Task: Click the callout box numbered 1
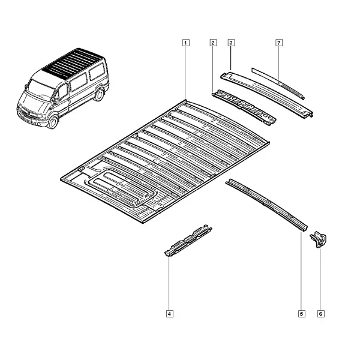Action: pyautogui.click(x=186, y=43)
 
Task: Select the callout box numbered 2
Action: pyautogui.click(x=213, y=43)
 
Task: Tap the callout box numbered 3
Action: pyautogui.click(x=231, y=43)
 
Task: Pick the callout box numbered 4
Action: pyautogui.click(x=170, y=314)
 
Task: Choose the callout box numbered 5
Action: pyautogui.click(x=301, y=314)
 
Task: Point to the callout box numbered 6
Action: pyautogui.click(x=321, y=314)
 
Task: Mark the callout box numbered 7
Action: pyautogui.click(x=279, y=43)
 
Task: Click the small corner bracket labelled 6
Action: pyautogui.click(x=319, y=239)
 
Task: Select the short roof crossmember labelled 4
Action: pyautogui.click(x=188, y=240)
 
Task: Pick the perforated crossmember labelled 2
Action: pyautogui.click(x=244, y=107)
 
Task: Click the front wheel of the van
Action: pyautogui.click(x=53, y=122)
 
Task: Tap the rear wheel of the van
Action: pyautogui.click(x=99, y=94)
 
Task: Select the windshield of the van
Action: pyautogui.click(x=40, y=89)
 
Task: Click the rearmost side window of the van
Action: pyautogui.click(x=97, y=71)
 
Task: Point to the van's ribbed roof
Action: pyautogui.click(x=71, y=62)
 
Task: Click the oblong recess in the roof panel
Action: pyautogui.click(x=121, y=187)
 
